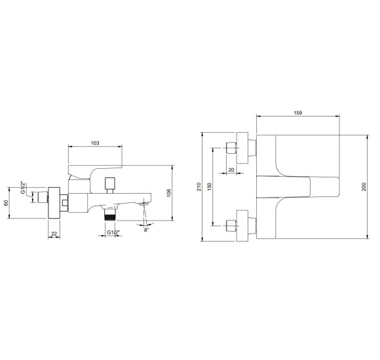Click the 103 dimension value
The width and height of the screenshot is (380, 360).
(95, 142)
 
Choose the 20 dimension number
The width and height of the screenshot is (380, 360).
(231, 170)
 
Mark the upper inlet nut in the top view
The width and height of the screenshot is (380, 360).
(230, 147)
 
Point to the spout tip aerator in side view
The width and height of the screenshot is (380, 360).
(145, 205)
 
